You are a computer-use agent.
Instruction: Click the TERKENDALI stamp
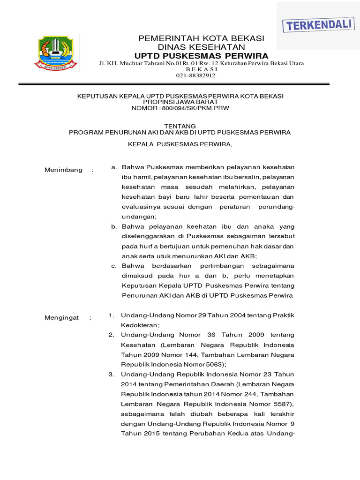[317, 25]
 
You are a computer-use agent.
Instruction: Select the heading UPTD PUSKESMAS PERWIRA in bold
[201, 55]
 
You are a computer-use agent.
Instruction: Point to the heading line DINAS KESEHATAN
[201, 47]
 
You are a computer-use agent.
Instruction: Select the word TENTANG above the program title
[180, 126]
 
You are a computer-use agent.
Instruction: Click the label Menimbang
[63, 170]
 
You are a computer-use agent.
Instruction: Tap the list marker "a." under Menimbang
[114, 167]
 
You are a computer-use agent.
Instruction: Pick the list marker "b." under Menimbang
[114, 226]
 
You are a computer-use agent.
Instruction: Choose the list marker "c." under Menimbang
[114, 266]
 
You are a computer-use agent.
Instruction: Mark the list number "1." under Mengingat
[112, 315]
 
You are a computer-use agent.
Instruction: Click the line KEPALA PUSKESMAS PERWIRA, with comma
[180, 144]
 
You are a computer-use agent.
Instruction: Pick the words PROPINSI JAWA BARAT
[180, 102]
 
